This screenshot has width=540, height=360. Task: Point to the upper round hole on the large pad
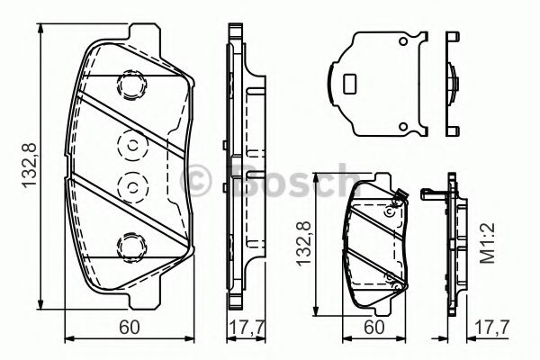click(x=132, y=146)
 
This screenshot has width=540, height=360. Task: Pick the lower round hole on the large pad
click(x=132, y=187)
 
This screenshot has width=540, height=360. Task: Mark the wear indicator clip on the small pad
click(x=402, y=196)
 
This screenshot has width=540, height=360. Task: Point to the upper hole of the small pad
click(x=389, y=212)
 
